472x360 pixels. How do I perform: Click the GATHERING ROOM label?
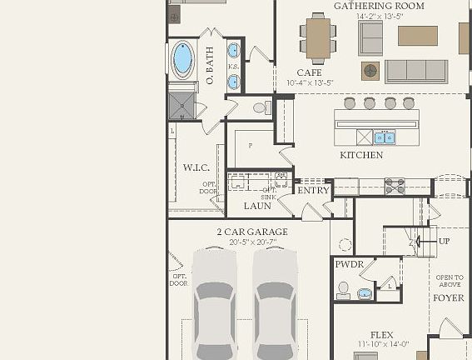click(x=379, y=6)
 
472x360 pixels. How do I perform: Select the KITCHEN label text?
click(x=361, y=155)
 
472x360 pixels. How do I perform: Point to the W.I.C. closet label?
click(x=196, y=167)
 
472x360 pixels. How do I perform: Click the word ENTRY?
click(x=314, y=190)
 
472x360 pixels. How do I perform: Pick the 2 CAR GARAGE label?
click(x=252, y=232)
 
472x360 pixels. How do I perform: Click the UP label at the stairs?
click(x=444, y=242)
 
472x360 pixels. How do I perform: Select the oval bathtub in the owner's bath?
click(x=182, y=58)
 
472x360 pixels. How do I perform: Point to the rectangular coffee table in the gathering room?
click(x=417, y=36)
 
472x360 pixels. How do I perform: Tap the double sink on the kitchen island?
click(x=384, y=137)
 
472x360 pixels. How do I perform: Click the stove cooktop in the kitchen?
click(x=395, y=186)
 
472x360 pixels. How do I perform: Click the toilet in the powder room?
click(x=343, y=289)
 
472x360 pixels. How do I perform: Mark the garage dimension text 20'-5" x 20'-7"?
click(x=252, y=242)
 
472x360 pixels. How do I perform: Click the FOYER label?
click(x=449, y=297)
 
